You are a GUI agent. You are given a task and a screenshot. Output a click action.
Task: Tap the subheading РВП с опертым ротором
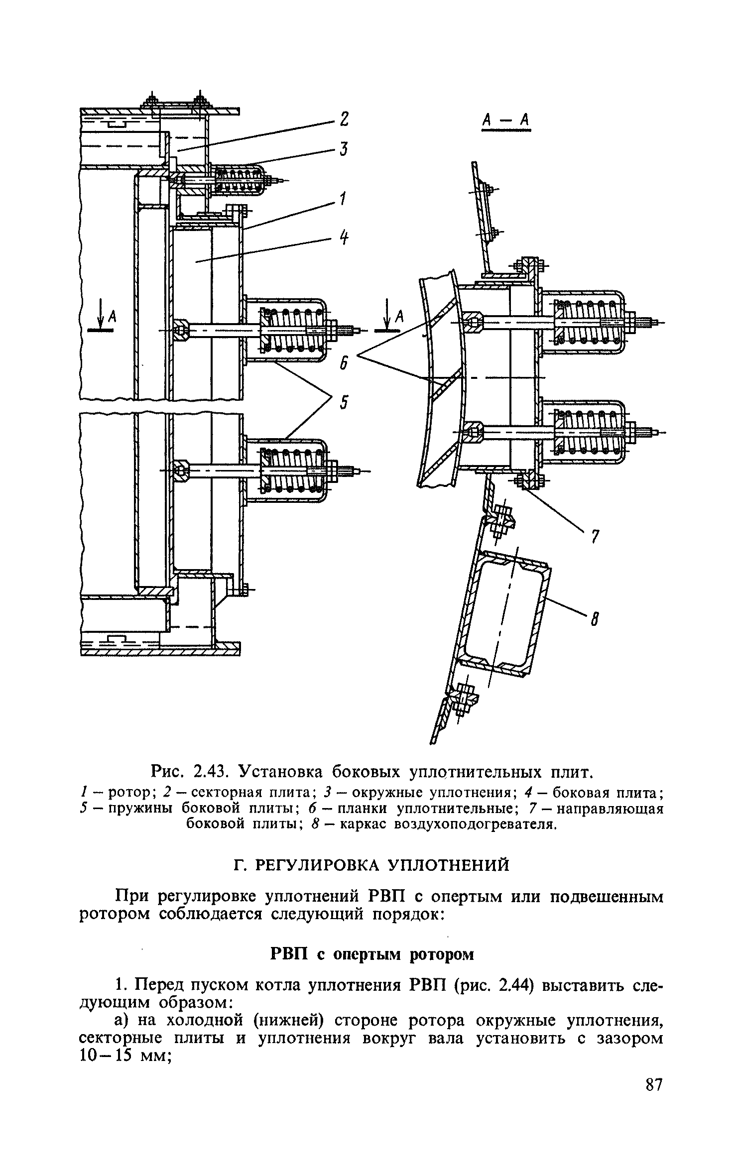371,954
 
